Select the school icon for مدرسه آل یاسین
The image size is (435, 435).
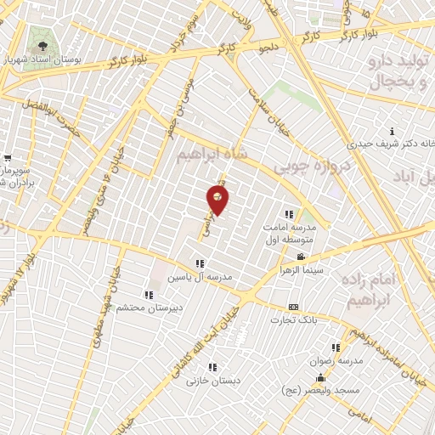(x=201, y=263)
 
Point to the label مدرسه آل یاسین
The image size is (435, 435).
(x=201, y=277)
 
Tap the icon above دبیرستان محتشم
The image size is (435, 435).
(x=150, y=295)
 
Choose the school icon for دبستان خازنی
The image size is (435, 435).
(x=212, y=368)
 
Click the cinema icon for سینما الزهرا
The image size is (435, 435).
(x=300, y=257)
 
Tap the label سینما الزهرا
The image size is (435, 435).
(x=300, y=269)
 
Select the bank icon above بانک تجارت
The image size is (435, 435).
(x=294, y=307)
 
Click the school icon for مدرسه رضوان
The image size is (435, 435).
(x=336, y=347)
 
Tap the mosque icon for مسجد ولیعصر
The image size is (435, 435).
(x=320, y=379)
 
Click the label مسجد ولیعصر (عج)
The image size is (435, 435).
(x=320, y=392)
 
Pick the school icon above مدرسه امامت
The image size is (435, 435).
(x=289, y=214)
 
